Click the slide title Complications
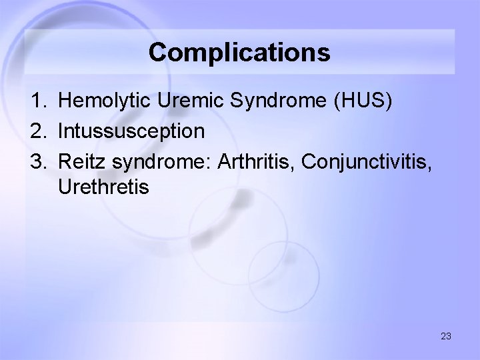point(239,52)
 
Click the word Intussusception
point(131,131)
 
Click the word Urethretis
point(103,187)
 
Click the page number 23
point(445,336)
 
